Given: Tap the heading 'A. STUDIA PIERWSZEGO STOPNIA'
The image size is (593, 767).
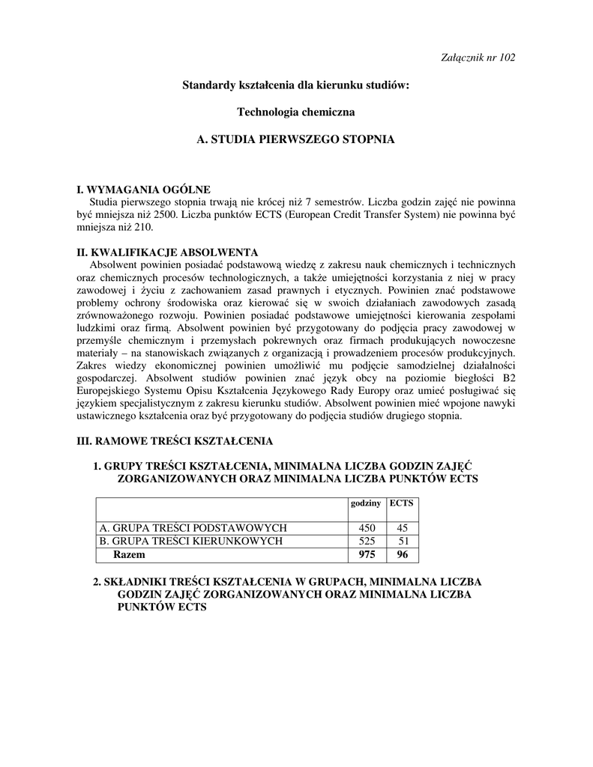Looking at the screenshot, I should (295, 140).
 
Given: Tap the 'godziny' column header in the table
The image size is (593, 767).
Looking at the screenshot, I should (366, 503).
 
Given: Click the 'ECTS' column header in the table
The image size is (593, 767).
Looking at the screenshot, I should (402, 503).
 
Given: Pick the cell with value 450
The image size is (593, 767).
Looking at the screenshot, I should (367, 528).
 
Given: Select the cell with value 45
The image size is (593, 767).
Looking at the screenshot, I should (403, 528).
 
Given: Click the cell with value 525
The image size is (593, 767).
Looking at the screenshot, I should (367, 541).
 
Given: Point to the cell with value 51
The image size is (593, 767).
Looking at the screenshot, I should (403, 541).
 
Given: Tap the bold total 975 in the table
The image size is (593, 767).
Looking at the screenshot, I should (367, 555).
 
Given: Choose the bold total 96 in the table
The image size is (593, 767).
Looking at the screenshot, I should (403, 555).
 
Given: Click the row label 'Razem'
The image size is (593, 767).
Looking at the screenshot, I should (129, 555).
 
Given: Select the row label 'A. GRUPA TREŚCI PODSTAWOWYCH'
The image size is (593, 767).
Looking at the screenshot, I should (193, 528).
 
